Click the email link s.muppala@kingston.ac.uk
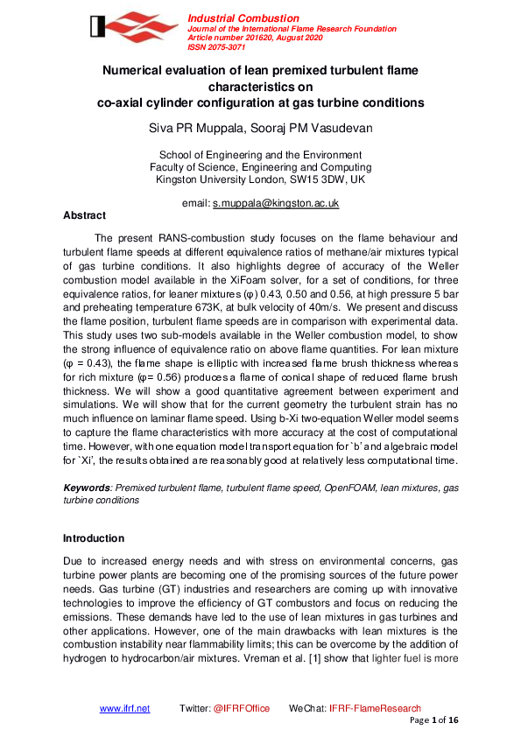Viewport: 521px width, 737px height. click(276, 202)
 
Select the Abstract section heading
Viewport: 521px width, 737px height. click(84, 215)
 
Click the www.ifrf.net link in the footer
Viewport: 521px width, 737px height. click(124, 708)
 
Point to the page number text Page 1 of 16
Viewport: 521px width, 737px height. click(434, 719)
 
